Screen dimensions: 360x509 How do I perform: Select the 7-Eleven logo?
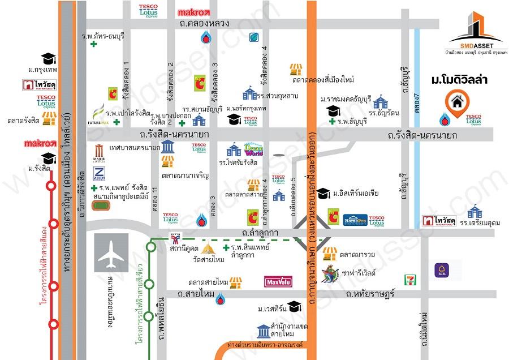(409, 278)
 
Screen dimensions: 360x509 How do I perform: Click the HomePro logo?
(356, 219)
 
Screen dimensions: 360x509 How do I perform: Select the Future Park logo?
(97, 114)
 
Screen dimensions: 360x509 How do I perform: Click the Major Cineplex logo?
(100, 153)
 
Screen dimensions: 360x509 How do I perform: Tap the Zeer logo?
(100, 173)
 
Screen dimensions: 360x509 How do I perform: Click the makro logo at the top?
(193, 11)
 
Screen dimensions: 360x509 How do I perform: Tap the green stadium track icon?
(102, 205)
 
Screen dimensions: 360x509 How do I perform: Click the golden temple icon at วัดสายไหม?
(210, 247)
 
